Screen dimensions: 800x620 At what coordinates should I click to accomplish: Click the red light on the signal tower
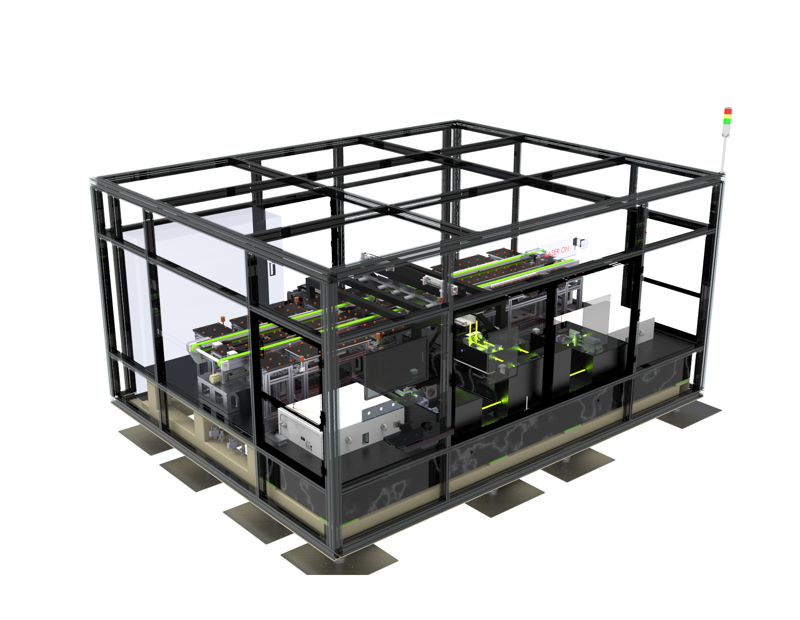click(728, 111)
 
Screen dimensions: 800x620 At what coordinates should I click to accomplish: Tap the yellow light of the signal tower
click(727, 116)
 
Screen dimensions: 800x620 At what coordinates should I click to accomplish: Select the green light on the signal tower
click(727, 121)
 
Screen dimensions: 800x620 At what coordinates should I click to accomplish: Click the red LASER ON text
click(557, 252)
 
